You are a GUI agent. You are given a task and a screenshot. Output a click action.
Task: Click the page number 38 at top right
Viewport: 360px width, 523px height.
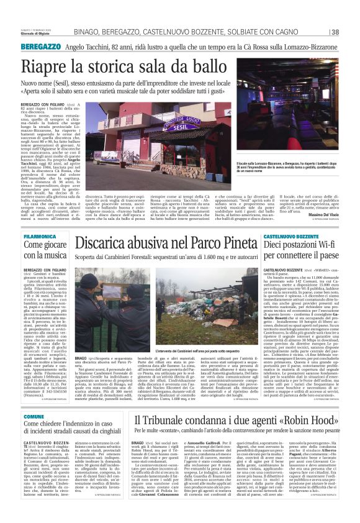tap(335, 32)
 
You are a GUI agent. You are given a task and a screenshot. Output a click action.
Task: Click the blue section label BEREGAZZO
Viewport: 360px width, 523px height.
tap(40, 47)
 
